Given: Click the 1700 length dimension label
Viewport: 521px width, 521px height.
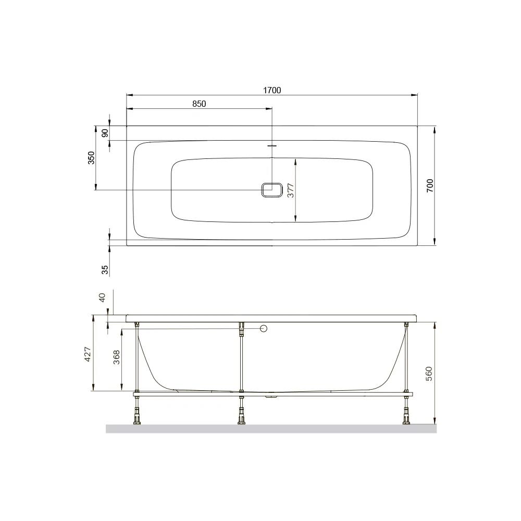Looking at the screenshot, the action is [272, 90].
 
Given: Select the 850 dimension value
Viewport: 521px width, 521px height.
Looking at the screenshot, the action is [199, 104].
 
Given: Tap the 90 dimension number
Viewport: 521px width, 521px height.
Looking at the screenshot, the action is [105, 133].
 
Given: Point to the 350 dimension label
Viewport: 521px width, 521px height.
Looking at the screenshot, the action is [91, 158].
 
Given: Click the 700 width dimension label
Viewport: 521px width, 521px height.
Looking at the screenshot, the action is [430, 186].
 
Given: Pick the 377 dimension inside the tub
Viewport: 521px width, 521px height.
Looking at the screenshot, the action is [291, 190].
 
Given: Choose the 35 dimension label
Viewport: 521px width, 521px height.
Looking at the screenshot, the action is [105, 269].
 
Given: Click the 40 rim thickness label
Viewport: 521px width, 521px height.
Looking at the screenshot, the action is [102, 297].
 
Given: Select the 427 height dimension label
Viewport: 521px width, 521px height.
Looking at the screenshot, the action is [87, 354].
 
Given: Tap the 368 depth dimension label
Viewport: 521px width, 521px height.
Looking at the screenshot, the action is [117, 357].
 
